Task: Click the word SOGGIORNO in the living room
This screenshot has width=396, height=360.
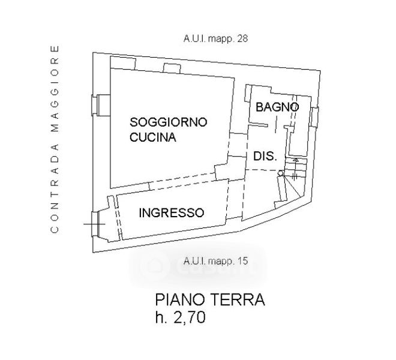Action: (169, 122)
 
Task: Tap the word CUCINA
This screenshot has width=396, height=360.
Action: (153, 137)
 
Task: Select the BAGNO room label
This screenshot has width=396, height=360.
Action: (277, 107)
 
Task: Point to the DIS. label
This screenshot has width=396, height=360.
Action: (265, 156)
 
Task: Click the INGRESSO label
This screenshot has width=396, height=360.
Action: (172, 212)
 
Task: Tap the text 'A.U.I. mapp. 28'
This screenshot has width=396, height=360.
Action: (215, 38)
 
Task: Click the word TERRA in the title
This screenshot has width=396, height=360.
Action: (239, 299)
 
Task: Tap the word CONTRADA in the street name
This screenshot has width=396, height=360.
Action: (55, 188)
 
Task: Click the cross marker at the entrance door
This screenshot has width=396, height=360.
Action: (95, 223)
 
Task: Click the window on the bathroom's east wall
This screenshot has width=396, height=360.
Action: (314, 116)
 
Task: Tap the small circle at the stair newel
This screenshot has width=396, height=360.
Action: (280, 173)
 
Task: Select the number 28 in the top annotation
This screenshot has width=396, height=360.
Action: (242, 38)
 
